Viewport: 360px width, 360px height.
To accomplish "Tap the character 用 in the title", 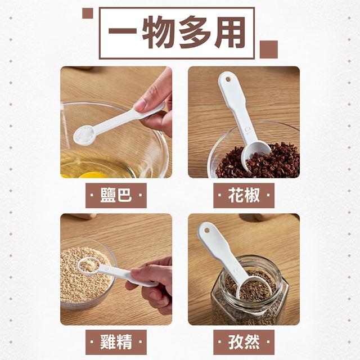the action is pyautogui.click(x=230, y=32).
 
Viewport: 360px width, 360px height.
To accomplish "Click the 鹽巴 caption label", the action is pyautogui.click(x=116, y=195).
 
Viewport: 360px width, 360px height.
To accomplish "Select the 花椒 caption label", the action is pyautogui.click(x=244, y=195).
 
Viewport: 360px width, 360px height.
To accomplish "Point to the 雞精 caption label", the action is pyautogui.click(x=116, y=342).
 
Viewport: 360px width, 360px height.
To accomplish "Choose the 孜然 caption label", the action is pyautogui.click(x=244, y=342).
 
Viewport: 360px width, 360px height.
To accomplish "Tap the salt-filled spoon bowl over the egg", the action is pyautogui.click(x=84, y=136).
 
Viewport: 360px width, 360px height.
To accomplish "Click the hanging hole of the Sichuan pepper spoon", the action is pyautogui.click(x=228, y=79).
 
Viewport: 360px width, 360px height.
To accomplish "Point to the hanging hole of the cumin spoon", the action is pyautogui.click(x=207, y=230).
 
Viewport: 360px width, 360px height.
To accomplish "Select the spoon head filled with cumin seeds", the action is pyautogui.click(x=254, y=288).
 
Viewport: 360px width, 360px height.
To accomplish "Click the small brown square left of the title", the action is pyautogui.click(x=88, y=13).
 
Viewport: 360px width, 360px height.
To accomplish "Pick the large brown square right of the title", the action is pyautogui.click(x=269, y=49).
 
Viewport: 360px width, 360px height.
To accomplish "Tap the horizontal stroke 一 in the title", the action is pyautogui.click(x=123, y=31).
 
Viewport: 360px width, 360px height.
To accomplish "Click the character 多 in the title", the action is pyautogui.click(x=195, y=32).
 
